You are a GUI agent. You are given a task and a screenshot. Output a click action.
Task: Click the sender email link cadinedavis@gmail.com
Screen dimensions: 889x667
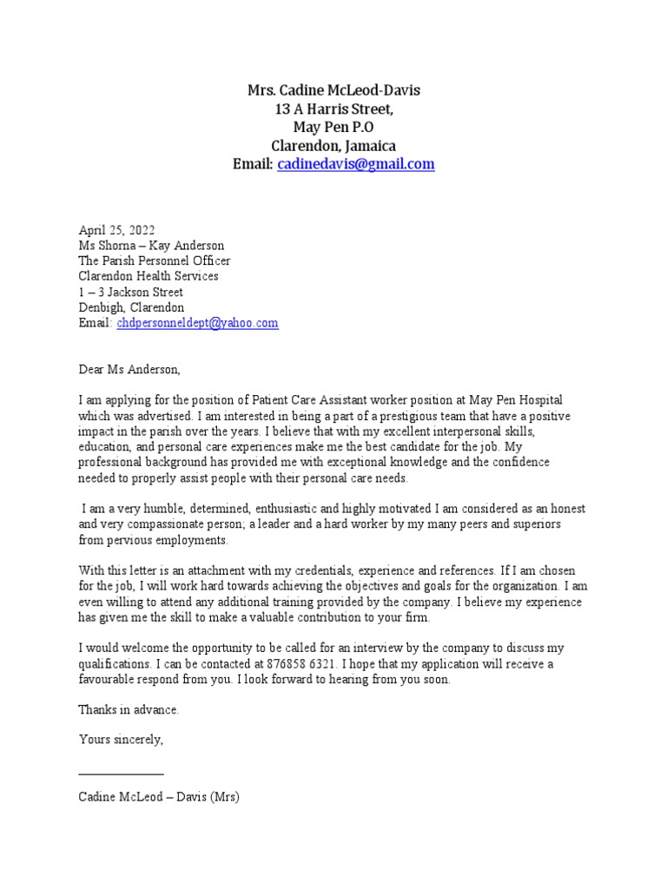356,164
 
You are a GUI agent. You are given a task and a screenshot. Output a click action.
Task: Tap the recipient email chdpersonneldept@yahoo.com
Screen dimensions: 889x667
197,323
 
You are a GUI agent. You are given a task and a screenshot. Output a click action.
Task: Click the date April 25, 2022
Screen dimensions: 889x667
116,230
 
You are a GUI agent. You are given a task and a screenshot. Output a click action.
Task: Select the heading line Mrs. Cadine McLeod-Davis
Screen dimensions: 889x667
333,91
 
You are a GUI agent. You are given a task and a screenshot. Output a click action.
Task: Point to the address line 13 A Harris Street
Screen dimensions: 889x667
333,109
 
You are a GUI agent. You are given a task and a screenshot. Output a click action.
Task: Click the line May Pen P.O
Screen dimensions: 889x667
333,128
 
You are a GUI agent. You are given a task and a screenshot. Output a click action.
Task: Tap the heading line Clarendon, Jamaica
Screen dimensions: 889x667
333,146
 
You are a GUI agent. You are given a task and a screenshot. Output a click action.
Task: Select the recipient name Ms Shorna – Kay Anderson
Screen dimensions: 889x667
151,246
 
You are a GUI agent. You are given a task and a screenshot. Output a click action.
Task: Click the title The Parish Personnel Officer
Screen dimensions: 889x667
155,261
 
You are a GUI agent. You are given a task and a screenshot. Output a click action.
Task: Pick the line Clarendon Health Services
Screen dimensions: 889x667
149,277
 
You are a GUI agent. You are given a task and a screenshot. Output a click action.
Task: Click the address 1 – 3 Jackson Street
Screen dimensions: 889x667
131,293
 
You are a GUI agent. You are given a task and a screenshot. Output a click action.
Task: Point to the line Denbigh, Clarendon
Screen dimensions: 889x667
131,308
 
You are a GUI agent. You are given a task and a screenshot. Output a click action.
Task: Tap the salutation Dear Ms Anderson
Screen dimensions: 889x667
129,370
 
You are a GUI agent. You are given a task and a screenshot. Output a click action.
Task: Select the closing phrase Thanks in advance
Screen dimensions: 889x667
129,710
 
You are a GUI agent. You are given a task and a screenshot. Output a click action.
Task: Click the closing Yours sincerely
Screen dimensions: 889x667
121,741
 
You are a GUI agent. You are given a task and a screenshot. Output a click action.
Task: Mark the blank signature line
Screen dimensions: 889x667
121,773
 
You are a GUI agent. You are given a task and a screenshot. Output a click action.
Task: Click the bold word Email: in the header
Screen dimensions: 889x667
253,164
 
